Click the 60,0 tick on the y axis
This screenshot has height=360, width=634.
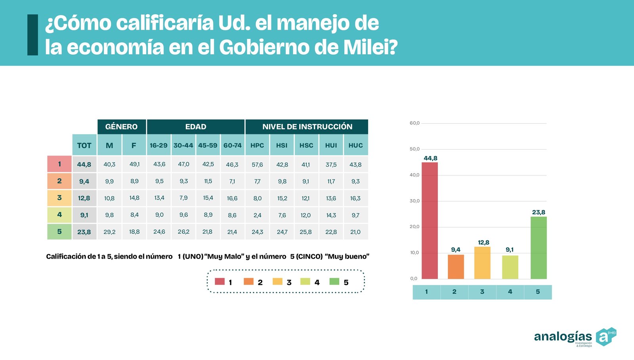coord(414,123)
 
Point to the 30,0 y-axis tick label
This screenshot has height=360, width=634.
coord(414,201)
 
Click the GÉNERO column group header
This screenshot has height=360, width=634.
coord(121,127)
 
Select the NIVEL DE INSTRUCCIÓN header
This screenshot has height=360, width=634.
coord(307,127)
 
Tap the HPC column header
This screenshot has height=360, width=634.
coord(257,145)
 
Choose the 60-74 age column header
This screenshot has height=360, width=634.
coord(232,145)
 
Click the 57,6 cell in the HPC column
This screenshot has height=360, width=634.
coord(257,164)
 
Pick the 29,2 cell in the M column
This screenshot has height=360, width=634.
coord(109,232)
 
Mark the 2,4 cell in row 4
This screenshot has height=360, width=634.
coord(257,215)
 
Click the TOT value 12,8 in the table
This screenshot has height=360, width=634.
coord(84,198)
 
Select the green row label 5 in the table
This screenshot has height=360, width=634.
coord(59,232)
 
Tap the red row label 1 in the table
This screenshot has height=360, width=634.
coord(59,164)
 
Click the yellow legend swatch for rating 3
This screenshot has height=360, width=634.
coord(277,282)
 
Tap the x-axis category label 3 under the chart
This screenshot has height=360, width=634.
coord(482,292)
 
